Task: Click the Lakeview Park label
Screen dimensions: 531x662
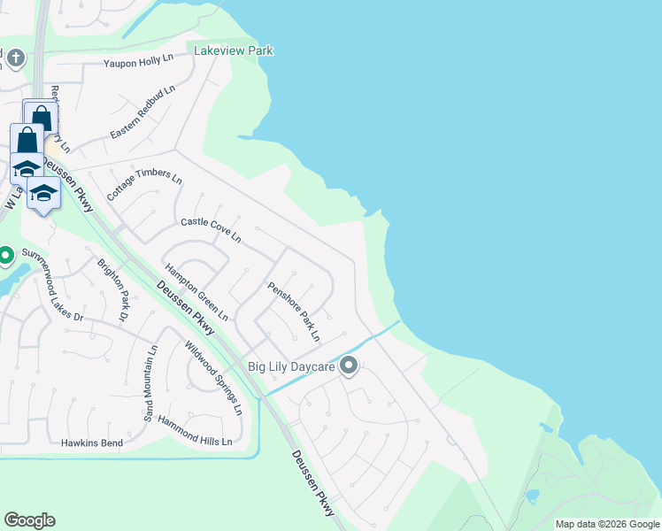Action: [x=234, y=51]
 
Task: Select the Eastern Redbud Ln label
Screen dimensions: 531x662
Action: [x=142, y=112]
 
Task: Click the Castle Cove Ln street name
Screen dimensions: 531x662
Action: [x=211, y=230]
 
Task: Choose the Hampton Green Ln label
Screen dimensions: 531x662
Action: [x=196, y=292]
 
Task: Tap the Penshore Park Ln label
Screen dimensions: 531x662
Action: [x=294, y=312]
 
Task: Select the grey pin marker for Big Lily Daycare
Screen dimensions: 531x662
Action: [x=349, y=365]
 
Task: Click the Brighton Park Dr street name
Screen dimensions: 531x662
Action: [x=113, y=289]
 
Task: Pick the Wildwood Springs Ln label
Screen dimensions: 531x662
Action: [x=213, y=379]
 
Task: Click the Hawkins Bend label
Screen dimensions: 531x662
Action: [x=89, y=442]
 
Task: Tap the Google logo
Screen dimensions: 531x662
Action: [x=29, y=520]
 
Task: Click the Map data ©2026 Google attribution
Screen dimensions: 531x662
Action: [x=607, y=524]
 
